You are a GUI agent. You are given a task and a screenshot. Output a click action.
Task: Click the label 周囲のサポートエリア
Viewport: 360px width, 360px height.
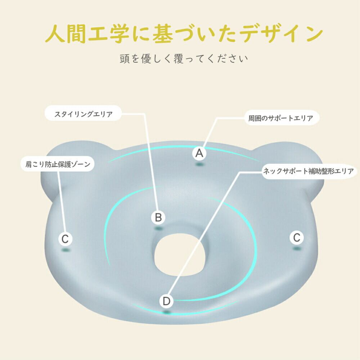[x=281, y=118]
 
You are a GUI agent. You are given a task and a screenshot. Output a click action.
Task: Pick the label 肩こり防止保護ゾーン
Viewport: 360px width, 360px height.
[x=58, y=165]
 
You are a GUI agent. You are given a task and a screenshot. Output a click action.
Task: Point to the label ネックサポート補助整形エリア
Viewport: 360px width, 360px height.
[x=309, y=171]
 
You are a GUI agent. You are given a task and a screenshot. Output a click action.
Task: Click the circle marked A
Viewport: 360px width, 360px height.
[x=199, y=153]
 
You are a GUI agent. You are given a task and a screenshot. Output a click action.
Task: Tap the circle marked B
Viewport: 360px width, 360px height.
[x=158, y=217]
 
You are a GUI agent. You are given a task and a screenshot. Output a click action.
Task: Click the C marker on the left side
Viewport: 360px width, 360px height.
[x=65, y=239]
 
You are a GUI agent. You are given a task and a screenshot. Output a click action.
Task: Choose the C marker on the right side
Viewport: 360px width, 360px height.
[x=297, y=238]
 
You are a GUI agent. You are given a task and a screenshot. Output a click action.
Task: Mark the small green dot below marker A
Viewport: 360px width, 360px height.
[x=199, y=165]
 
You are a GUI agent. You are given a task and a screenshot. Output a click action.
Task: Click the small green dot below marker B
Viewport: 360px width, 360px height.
[x=158, y=228]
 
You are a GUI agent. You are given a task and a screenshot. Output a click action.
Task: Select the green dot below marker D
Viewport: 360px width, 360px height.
[x=166, y=312]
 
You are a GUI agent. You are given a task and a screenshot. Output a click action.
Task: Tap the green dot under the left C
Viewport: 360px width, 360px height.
[x=65, y=249]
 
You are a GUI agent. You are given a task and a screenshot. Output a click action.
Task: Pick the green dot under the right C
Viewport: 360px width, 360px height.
[x=297, y=248]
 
